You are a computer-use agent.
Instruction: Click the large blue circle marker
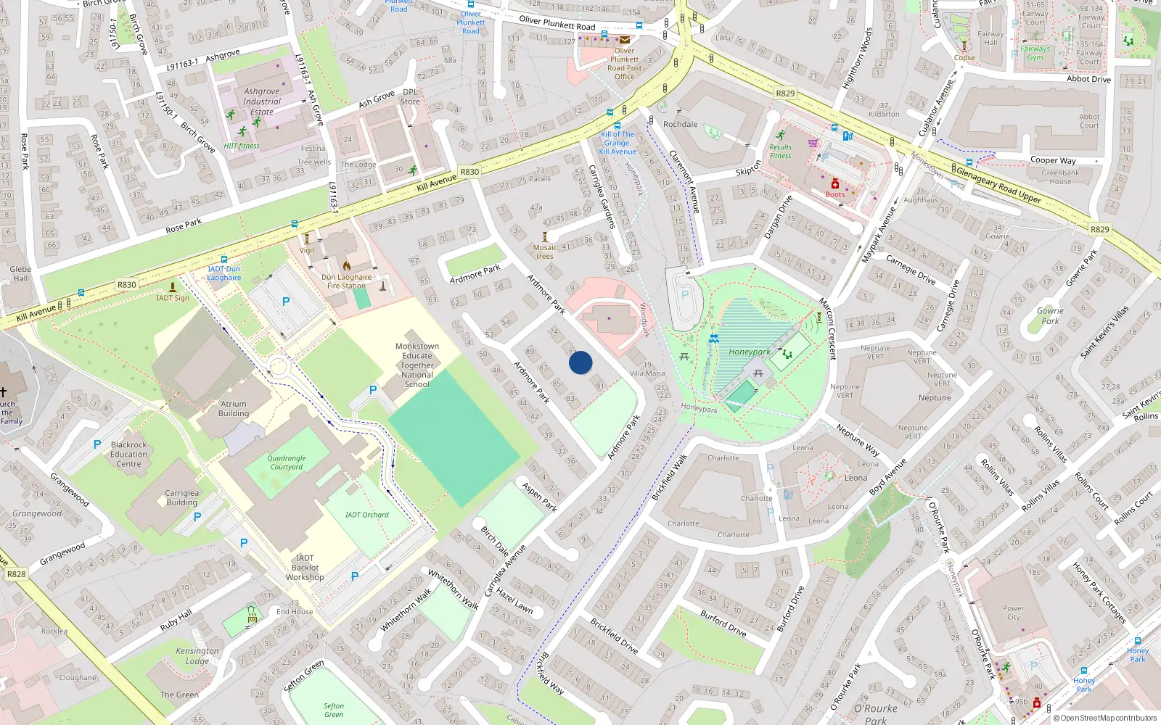click(x=580, y=362)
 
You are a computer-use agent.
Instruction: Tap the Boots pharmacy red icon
click(x=835, y=184)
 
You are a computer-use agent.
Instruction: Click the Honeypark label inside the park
click(x=750, y=352)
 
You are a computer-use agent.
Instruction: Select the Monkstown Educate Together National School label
click(x=417, y=365)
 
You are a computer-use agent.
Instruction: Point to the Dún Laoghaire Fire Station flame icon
click(x=347, y=266)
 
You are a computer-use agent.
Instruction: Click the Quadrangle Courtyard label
click(x=287, y=463)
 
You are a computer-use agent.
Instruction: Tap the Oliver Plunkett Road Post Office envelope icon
click(x=625, y=40)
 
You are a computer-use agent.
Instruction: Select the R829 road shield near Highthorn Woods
click(x=785, y=94)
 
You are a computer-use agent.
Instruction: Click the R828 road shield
click(x=16, y=574)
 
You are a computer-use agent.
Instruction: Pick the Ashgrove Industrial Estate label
click(x=262, y=101)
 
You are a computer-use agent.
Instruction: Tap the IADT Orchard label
click(x=367, y=515)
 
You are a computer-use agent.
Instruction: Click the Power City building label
click(x=1014, y=613)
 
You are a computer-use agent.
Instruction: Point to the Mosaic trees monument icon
click(x=545, y=237)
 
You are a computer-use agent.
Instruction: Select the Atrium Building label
click(x=234, y=409)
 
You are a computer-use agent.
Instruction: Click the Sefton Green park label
click(x=334, y=710)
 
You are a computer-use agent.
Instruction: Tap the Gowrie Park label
click(x=1050, y=315)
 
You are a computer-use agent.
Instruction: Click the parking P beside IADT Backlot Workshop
click(x=355, y=576)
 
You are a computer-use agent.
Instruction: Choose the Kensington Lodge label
click(x=197, y=655)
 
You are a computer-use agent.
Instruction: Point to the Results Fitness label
click(x=781, y=151)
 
